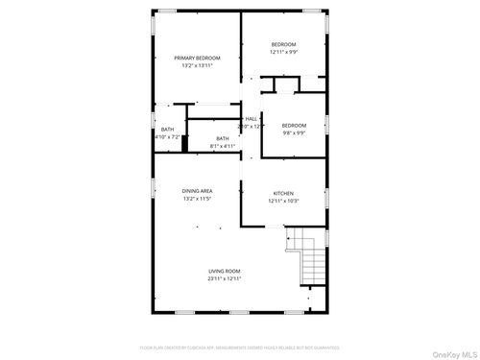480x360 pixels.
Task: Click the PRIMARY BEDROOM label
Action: tap(197, 58)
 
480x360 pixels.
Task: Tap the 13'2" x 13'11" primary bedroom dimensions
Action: tap(197, 65)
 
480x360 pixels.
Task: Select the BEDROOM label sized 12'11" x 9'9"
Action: tap(283, 44)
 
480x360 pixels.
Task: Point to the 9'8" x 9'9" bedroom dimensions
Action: tap(294, 133)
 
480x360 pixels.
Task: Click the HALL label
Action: tap(251, 118)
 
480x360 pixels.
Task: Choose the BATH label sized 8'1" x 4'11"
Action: tap(223, 138)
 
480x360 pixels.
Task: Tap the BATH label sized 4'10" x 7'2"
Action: tap(168, 130)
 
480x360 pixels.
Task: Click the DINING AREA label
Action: tap(198, 191)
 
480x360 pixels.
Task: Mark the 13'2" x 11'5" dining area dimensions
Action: tap(198, 199)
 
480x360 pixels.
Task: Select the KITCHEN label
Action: tap(283, 192)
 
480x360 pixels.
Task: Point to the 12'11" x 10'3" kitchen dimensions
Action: tap(283, 201)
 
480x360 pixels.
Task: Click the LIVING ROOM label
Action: tap(225, 271)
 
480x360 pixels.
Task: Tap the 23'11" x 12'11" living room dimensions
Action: tap(225, 278)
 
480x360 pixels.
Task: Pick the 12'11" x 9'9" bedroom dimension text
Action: tap(283, 52)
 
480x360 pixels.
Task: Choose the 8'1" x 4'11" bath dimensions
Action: tap(223, 146)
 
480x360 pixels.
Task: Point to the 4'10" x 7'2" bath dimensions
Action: tap(168, 137)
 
